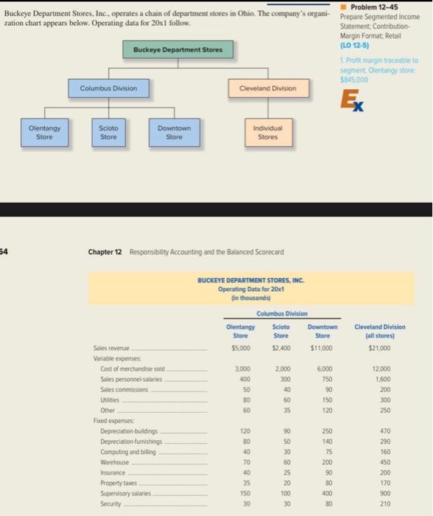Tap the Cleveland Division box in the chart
click(268, 88)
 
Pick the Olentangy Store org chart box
click(44, 132)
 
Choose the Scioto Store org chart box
click(109, 132)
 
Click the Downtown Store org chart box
click(174, 132)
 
